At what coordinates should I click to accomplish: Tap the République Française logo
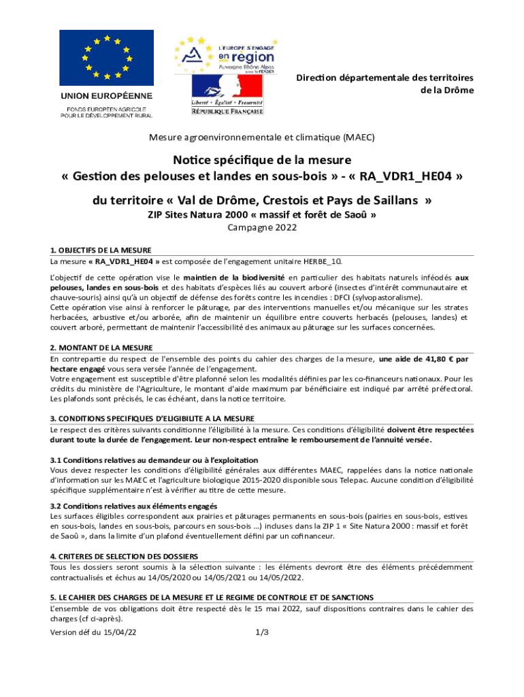[x=227, y=95]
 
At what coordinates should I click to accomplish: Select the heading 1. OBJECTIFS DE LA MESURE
[x=100, y=250]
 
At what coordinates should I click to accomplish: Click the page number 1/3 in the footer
[x=262, y=632]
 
